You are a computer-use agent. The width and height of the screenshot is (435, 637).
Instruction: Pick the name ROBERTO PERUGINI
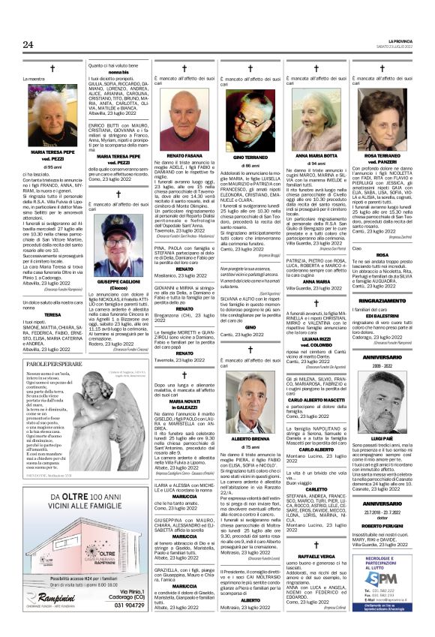(x=386, y=526)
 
